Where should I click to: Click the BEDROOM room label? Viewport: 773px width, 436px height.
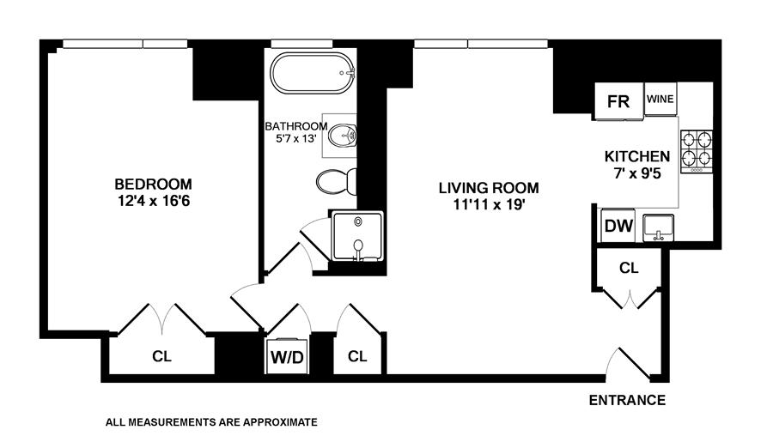click(153, 184)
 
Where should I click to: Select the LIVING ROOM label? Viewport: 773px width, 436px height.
click(489, 188)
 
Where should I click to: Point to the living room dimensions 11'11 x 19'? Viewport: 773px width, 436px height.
click(489, 204)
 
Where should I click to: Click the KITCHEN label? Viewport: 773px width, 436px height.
click(637, 156)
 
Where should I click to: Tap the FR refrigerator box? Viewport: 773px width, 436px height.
click(618, 101)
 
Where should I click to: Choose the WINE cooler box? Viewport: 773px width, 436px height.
click(660, 99)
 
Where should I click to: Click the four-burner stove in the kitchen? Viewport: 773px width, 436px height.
click(697, 149)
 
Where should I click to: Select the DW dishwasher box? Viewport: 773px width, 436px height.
click(618, 227)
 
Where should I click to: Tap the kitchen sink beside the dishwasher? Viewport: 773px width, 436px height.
click(660, 227)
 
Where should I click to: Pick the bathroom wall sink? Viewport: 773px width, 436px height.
click(344, 135)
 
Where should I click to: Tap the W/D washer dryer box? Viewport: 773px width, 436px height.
click(288, 355)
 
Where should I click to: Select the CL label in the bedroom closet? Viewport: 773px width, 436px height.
click(161, 356)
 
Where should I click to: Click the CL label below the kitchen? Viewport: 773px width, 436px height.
click(630, 268)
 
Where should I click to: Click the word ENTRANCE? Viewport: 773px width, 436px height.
click(627, 400)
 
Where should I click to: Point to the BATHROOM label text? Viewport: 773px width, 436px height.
click(295, 126)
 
